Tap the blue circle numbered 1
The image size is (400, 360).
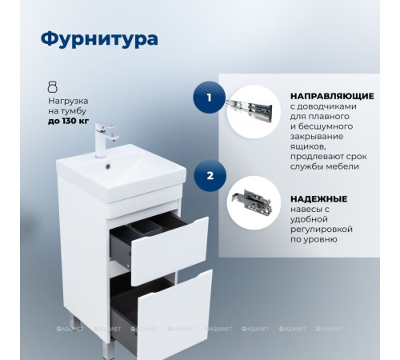point(209,99)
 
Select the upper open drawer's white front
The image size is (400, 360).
point(170,249)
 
